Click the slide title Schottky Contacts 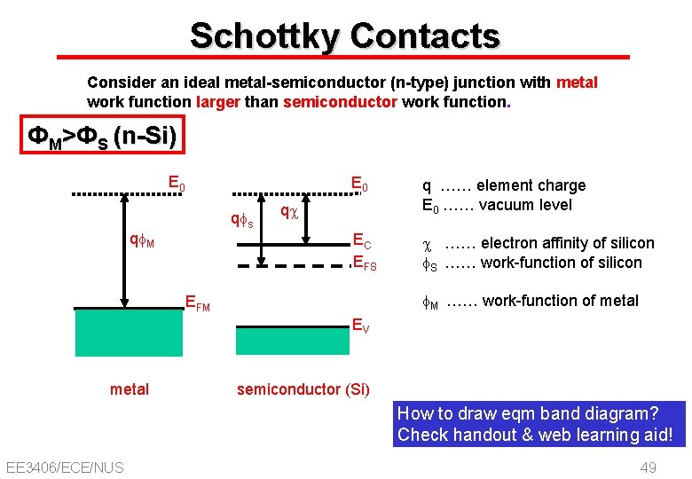point(345,36)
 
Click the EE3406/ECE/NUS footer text point(64,467)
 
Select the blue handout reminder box point(541,424)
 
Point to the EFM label point(197,302)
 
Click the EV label point(361,325)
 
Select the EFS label point(365,262)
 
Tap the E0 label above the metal point(177,185)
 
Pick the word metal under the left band point(130,389)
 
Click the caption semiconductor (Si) point(303,389)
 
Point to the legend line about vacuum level point(496,205)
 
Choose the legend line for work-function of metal point(530,301)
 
